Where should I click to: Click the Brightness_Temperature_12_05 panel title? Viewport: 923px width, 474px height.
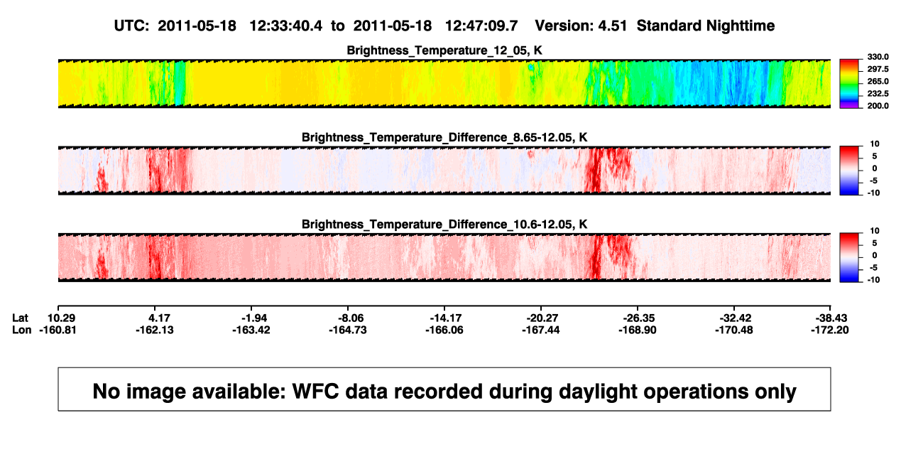point(444,50)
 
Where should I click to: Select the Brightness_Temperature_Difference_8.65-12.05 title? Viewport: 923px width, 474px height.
point(444,137)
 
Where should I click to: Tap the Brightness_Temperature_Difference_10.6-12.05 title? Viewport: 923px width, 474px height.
point(444,225)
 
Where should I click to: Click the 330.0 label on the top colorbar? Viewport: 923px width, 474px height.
point(878,57)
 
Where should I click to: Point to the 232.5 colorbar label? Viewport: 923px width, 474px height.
point(878,94)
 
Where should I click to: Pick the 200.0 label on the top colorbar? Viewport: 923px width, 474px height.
point(878,106)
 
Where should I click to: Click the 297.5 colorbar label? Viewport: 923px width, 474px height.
point(878,70)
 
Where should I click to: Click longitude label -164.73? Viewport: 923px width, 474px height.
point(348,330)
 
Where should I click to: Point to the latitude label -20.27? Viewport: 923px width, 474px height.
point(542,318)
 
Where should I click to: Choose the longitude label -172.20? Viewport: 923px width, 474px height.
point(830,330)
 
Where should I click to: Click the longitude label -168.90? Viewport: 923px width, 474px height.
point(638,330)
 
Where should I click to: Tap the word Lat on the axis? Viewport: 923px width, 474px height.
point(20,318)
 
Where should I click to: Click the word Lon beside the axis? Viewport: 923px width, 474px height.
point(21,330)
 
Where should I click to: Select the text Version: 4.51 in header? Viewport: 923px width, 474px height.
point(581,26)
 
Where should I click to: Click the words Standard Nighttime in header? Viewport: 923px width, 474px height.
point(706,26)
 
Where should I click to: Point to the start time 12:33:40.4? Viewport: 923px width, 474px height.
point(286,26)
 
